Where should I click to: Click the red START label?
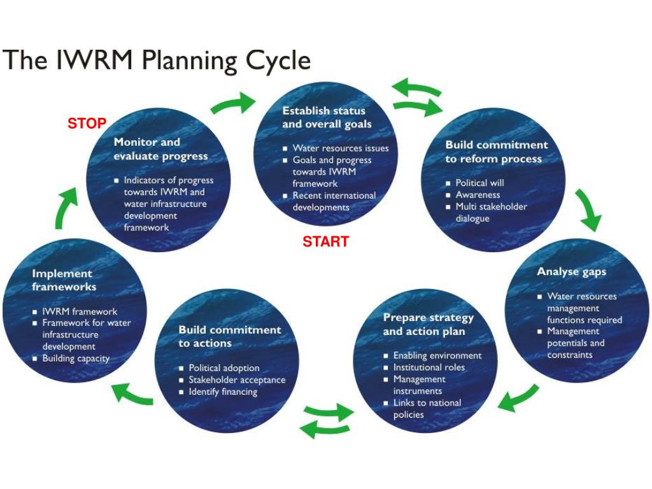tap(325, 241)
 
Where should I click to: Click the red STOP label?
tap(87, 124)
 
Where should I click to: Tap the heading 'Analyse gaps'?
tap(571, 272)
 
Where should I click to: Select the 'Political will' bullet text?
tap(479, 183)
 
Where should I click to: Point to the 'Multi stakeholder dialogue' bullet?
tap(491, 213)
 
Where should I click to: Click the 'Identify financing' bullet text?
tap(223, 392)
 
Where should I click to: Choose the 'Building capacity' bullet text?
tap(76, 358)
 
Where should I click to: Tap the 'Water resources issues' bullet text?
tap(340, 148)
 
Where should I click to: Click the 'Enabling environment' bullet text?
tap(437, 355)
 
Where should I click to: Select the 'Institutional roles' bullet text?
tap(429, 367)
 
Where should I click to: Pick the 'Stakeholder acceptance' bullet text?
tap(237, 380)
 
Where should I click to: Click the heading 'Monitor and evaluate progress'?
tap(160, 149)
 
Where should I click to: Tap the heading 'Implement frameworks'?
tap(64, 280)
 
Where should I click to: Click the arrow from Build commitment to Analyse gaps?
tap(589, 209)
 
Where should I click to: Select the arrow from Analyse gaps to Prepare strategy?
tap(518, 397)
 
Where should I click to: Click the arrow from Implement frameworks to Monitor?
tap(67, 208)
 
